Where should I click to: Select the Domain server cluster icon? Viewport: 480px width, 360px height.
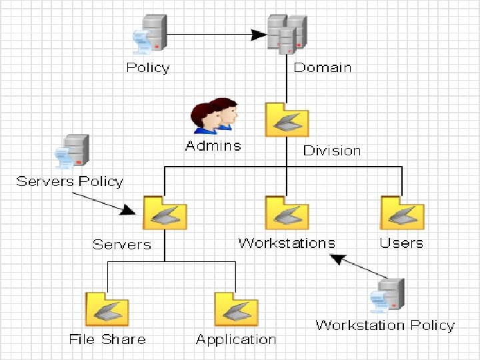coord(287,33)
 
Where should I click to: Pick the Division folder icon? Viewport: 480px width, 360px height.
coord(287,120)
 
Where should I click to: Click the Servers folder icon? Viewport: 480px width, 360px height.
coord(165,213)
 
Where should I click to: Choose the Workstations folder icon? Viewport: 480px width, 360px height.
coord(287,213)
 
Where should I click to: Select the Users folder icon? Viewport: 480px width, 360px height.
coord(402,213)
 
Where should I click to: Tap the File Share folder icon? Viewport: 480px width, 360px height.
coord(107,309)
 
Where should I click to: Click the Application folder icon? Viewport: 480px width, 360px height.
coord(236,309)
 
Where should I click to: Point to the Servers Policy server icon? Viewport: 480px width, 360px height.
coord(73,153)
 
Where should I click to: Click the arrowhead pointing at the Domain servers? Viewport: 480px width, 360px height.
coord(259,34)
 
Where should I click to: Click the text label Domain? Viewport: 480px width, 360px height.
coord(323,67)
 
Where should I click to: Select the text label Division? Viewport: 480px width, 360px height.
coord(332,151)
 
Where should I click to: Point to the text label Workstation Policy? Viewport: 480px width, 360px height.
coord(385,325)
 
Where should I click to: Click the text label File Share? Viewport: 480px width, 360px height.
coord(107,339)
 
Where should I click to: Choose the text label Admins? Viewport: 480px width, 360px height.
coord(213,145)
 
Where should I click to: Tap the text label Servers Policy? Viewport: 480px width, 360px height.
coord(70,181)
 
